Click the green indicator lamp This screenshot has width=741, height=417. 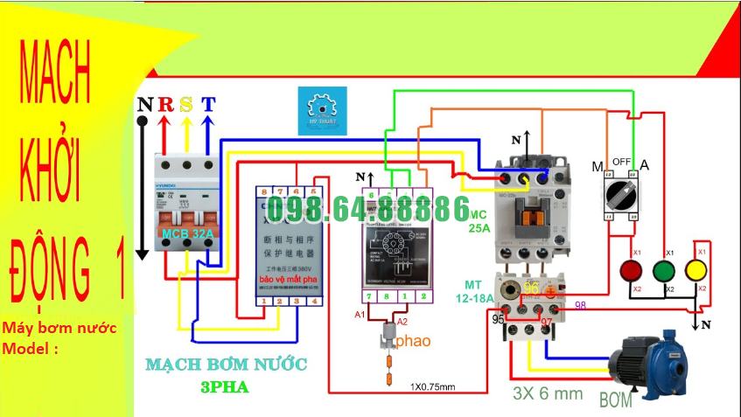pyautogui.click(x=666, y=269)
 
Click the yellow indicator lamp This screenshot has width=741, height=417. pyautogui.click(x=697, y=269)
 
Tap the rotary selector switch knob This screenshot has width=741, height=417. pyautogui.click(x=620, y=194)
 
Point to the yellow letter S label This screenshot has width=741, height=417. pyautogui.click(x=186, y=105)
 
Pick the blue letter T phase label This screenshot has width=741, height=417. pyautogui.click(x=207, y=105)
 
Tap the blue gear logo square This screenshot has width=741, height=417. pyautogui.click(x=323, y=110)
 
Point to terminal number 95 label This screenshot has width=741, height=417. pyautogui.click(x=498, y=320)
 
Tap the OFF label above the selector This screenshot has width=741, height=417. pyautogui.click(x=622, y=162)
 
